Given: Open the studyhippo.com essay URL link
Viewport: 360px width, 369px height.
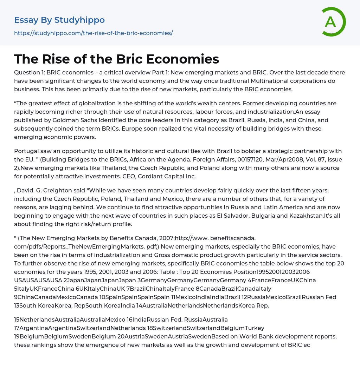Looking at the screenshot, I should coord(93,33).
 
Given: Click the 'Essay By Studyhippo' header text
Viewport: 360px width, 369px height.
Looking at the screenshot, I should coord(59,20).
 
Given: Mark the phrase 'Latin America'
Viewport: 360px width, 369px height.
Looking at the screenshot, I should coord(243,207).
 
